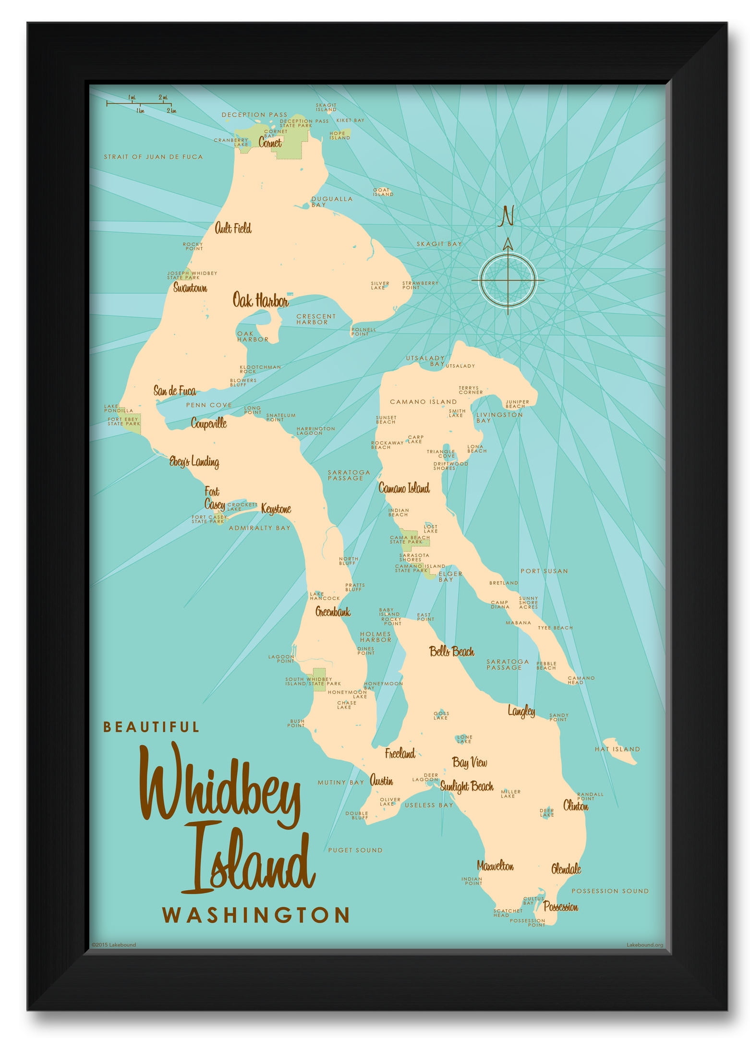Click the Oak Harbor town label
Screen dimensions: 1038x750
(x=260, y=301)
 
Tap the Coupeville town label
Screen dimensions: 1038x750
(x=208, y=423)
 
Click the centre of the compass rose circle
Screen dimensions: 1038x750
(x=508, y=280)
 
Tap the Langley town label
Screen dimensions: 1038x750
(x=521, y=711)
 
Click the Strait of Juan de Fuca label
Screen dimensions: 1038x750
(x=153, y=157)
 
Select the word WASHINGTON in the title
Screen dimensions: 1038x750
(x=255, y=915)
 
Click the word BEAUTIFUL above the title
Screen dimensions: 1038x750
(x=151, y=727)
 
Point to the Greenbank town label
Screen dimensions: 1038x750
(x=332, y=612)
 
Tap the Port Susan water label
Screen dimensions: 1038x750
(x=544, y=571)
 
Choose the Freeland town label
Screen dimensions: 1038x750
(x=399, y=753)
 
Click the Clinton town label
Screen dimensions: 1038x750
(x=575, y=806)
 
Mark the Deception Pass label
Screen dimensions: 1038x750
(x=254, y=115)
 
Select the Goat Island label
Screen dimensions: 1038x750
(x=383, y=192)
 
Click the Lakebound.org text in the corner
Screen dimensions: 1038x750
(x=644, y=945)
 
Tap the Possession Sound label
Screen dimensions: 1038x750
(x=609, y=891)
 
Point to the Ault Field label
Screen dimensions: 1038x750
(x=233, y=228)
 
